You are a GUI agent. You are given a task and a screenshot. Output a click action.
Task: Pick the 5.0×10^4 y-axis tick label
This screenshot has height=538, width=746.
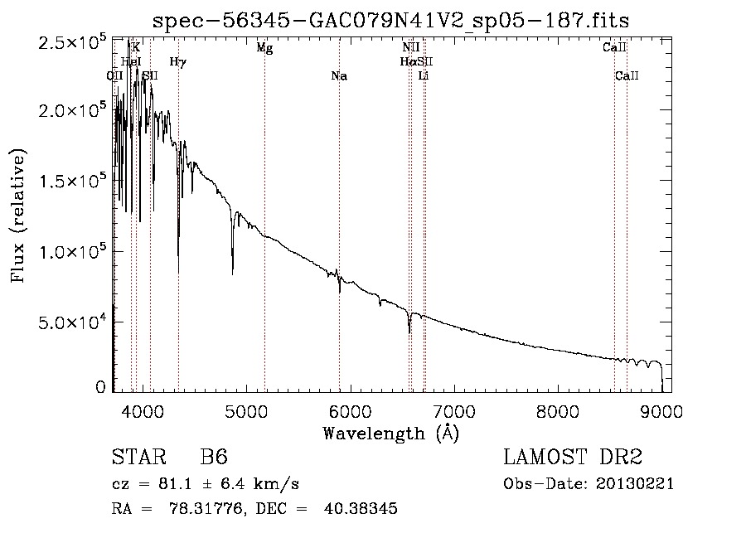71,322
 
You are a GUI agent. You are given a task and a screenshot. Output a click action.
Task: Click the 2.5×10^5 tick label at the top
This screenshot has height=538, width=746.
71,41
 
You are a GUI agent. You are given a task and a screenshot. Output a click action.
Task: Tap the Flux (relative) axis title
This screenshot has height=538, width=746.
18,216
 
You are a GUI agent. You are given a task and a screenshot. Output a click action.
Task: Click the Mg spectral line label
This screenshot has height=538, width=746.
264,48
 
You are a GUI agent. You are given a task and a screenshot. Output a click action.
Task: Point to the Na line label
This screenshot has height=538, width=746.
338,76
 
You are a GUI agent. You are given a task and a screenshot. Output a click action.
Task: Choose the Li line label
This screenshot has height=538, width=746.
424,76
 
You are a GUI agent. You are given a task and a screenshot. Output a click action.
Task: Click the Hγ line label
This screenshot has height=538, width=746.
177,62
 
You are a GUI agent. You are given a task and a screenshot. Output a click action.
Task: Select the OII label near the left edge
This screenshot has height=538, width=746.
115,76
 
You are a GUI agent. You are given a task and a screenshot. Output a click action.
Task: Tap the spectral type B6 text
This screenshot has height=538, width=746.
214,458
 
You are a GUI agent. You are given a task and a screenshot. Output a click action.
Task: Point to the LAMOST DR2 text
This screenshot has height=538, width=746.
573,458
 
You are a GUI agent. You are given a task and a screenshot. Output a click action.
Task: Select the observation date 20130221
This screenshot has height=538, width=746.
636,483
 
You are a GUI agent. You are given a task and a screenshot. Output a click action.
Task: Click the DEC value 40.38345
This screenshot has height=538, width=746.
360,509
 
